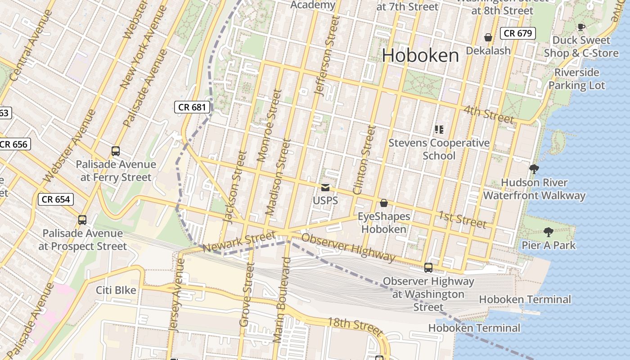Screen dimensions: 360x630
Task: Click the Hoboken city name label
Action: [420, 56]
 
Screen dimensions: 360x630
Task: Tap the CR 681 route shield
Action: [192, 107]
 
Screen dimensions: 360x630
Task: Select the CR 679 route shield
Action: [518, 33]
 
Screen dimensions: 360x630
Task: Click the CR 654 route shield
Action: [56, 199]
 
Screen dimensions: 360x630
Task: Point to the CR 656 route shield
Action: [14, 144]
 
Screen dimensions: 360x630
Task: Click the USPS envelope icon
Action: [325, 188]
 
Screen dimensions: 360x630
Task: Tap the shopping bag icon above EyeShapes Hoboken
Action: [384, 203]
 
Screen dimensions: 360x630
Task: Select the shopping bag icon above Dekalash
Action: [488, 37]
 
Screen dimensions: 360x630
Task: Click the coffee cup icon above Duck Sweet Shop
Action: [581, 27]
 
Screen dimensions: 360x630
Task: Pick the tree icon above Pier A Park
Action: [548, 232]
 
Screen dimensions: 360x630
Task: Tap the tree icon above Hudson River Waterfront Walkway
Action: [534, 169]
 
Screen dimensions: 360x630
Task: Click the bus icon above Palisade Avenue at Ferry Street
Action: [116, 151]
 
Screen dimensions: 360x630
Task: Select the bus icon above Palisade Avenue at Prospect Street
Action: [82, 220]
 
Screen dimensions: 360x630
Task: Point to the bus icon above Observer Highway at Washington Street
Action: [428, 268]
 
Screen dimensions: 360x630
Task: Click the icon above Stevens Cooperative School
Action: [439, 130]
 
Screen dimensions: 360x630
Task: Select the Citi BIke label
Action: [116, 290]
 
